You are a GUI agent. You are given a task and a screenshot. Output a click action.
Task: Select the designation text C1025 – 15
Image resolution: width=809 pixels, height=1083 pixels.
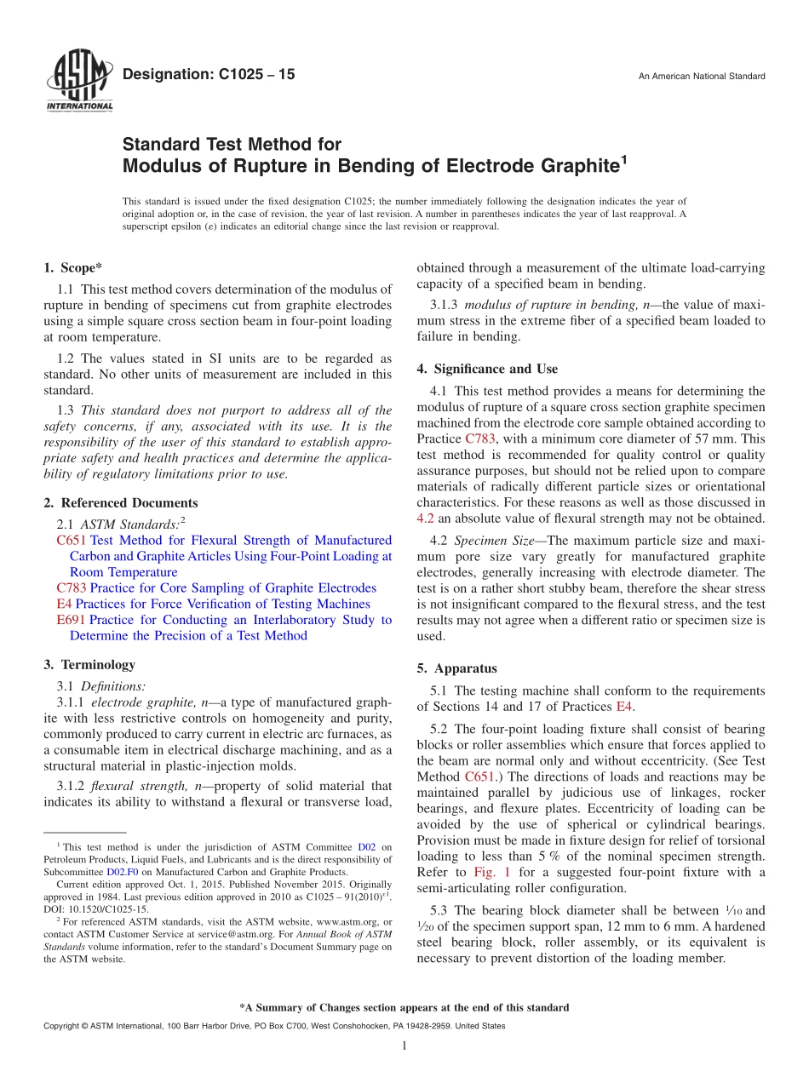tap(209, 75)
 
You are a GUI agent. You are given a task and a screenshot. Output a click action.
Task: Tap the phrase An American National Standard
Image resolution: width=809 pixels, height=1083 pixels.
tap(701, 77)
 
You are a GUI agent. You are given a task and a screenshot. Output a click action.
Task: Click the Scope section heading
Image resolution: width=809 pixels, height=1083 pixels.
tap(72, 267)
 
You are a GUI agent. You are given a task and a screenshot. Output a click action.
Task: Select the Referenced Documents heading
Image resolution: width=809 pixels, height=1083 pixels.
tap(120, 502)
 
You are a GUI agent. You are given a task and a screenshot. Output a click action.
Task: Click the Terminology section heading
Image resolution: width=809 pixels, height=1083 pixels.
tap(89, 664)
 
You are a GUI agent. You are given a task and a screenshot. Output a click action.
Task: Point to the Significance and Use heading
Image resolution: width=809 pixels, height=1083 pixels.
tap(487, 369)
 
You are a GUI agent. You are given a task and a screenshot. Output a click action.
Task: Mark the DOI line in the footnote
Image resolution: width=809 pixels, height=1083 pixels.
tap(95, 908)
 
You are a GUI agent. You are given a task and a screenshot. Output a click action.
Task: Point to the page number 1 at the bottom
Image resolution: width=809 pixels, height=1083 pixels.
tap(404, 1046)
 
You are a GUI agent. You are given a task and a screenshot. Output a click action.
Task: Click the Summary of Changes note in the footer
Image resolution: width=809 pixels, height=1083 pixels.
tap(404, 1007)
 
